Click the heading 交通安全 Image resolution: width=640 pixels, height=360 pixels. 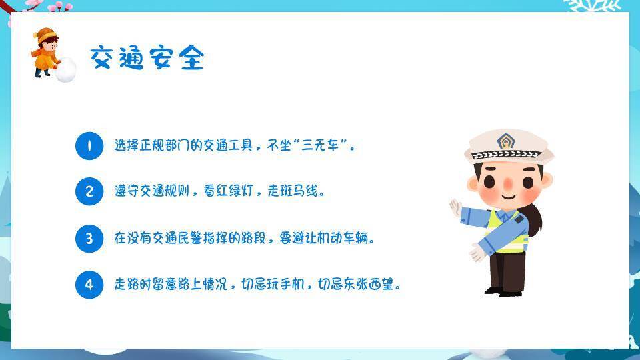[x=147, y=58]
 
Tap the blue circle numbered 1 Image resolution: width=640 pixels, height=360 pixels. [x=89, y=145]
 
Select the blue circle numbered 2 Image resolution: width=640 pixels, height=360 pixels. [x=89, y=192]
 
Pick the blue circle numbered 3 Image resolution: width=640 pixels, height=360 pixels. [x=89, y=239]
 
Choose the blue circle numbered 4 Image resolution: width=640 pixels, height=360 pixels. [x=89, y=285]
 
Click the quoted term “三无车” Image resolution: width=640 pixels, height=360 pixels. [x=320, y=145]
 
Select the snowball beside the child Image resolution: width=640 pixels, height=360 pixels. [x=65, y=70]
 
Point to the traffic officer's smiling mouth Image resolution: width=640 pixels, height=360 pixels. [x=508, y=196]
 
